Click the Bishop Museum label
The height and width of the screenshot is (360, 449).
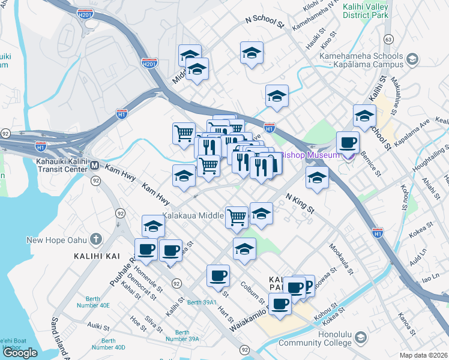coord(315,155)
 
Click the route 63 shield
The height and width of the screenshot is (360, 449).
coord(388,39)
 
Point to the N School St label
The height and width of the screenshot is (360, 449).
coord(264,22)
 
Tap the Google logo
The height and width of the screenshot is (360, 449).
coord(20,352)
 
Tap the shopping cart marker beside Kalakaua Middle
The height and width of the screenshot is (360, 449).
coord(237,217)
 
